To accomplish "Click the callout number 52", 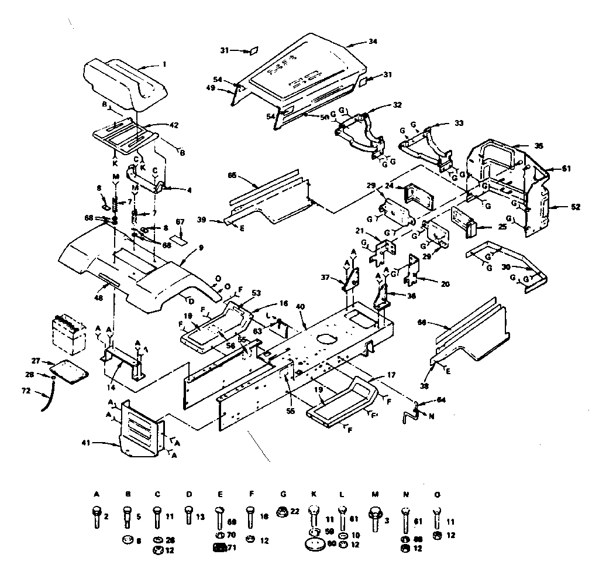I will click(x=560, y=206).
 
